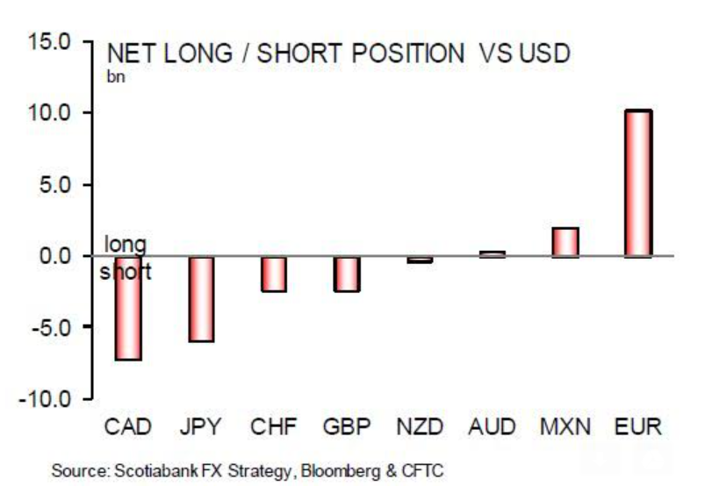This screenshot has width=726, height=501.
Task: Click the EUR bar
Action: point(638,183)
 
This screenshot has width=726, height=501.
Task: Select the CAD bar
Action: point(127,308)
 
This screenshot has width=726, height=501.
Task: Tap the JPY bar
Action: point(201,299)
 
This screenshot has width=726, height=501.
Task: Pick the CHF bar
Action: point(274,274)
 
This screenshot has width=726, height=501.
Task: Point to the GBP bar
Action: point(347,274)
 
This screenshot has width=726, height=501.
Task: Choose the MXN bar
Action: point(565,242)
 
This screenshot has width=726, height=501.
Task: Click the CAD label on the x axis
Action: point(128,428)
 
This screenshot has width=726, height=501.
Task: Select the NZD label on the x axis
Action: point(420,428)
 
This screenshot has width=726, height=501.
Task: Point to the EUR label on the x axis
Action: point(638,428)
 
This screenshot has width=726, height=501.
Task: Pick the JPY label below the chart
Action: point(201,428)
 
